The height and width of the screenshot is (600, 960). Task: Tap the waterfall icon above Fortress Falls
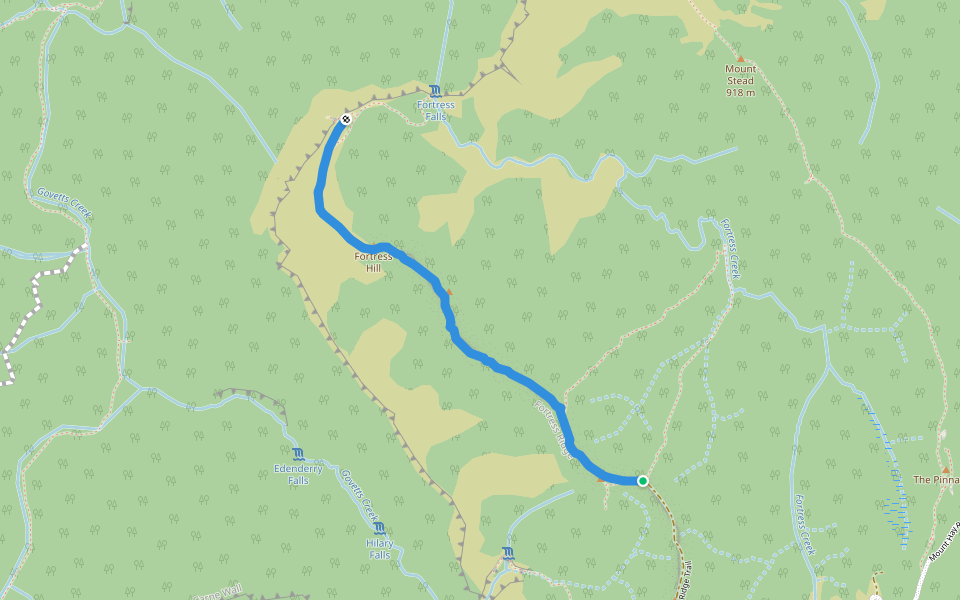(x=434, y=91)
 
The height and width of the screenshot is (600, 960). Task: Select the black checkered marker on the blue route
(x=346, y=120)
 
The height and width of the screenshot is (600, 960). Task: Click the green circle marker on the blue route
(x=643, y=481)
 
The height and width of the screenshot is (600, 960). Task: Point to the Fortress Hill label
(x=373, y=262)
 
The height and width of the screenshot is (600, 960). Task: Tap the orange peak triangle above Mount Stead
(x=741, y=59)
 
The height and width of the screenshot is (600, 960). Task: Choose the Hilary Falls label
(x=379, y=549)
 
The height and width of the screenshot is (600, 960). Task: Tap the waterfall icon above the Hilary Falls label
(x=378, y=528)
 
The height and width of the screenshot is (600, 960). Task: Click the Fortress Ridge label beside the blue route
(x=552, y=429)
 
